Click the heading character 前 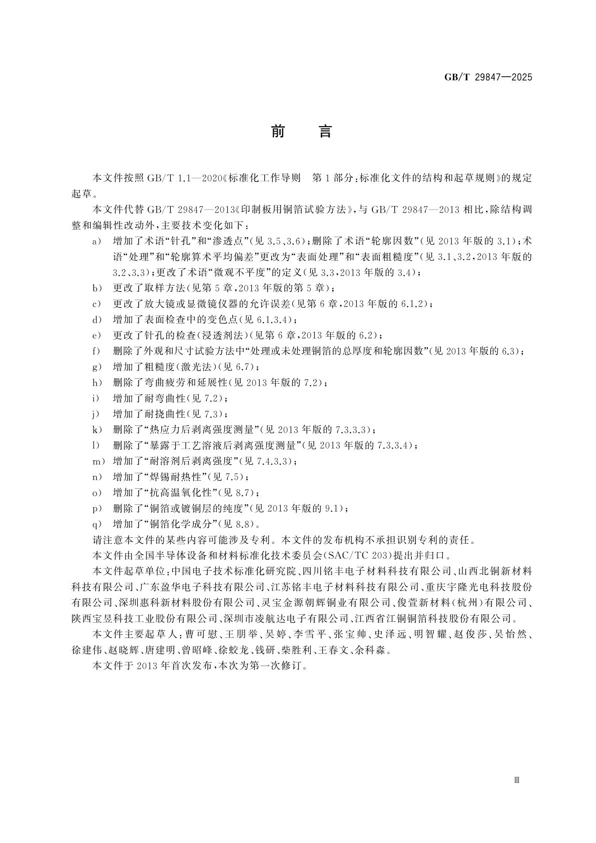point(278,131)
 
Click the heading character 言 point(325,131)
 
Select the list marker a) point(96,242)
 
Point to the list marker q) point(97,524)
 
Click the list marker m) point(98,461)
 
